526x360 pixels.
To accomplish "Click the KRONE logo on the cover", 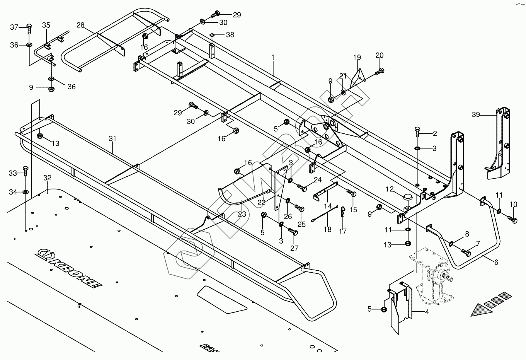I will [69, 268].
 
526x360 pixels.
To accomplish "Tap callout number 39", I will [476, 114].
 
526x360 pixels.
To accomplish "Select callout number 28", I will [80, 25].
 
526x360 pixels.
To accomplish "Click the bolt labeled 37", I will [29, 29].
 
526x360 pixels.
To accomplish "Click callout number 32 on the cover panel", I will [47, 178].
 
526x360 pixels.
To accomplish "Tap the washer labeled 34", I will [26, 192].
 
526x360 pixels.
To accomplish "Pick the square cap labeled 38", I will [212, 35].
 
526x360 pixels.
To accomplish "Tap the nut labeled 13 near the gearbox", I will [408, 244].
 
